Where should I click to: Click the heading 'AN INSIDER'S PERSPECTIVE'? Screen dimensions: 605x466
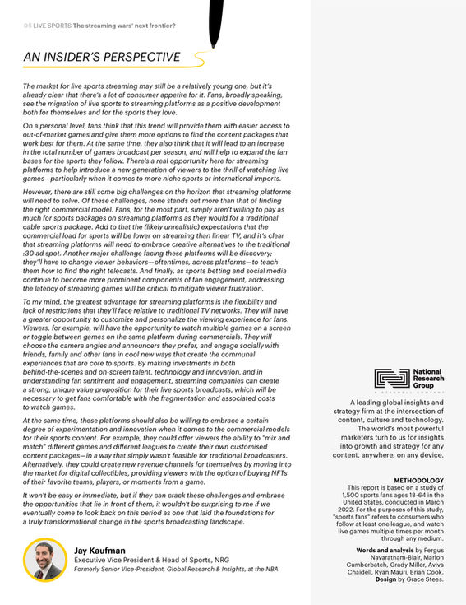[x=101, y=57]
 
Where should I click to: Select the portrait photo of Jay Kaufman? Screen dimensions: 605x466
[x=44, y=559]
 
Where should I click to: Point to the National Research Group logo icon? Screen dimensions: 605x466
[x=391, y=378]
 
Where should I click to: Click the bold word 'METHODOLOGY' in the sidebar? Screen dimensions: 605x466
[x=418, y=480]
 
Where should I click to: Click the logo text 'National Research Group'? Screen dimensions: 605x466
[x=427, y=378]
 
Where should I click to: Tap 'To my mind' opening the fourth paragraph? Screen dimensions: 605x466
[x=43, y=302]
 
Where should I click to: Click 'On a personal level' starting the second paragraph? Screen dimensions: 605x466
[x=55, y=124]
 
